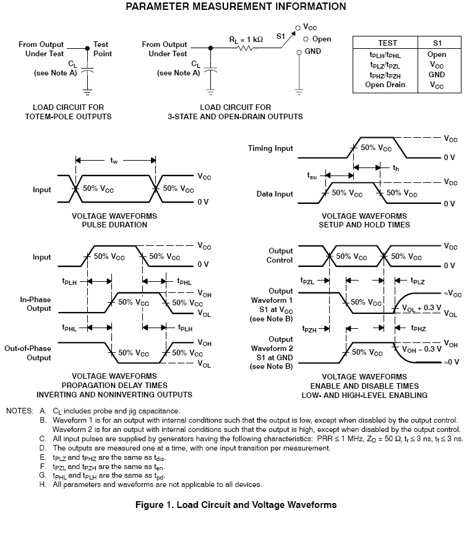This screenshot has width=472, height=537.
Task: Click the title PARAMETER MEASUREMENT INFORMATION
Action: point(236,7)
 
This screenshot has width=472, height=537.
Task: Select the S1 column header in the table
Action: point(437,43)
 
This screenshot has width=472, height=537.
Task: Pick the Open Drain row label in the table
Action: point(385,85)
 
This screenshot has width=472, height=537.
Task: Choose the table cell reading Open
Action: point(437,54)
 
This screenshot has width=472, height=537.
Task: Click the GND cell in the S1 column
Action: point(437,75)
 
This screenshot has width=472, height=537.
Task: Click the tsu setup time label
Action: point(312,175)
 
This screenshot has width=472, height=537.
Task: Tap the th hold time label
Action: point(395,167)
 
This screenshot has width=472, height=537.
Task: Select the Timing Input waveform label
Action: point(270,148)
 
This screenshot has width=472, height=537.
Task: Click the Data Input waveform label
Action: point(275,194)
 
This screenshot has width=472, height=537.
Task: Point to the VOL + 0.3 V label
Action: point(421,307)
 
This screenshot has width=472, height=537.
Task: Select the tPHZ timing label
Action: point(419,329)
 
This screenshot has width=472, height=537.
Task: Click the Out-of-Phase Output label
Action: point(28,353)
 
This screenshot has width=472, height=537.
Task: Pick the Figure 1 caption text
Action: point(236,505)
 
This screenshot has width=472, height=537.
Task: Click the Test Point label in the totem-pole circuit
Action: point(101,49)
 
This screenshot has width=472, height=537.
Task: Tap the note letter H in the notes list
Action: point(43,484)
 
